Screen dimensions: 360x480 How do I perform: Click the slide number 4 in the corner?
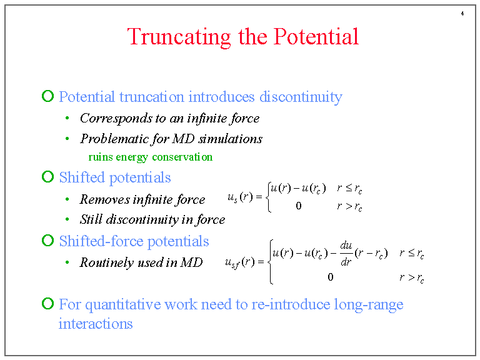click(462, 14)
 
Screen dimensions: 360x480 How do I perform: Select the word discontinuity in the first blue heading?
click(301, 97)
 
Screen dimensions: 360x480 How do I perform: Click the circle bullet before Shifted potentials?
click(47, 177)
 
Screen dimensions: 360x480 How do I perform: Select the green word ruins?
click(101, 157)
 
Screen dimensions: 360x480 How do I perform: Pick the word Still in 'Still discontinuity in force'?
click(91, 219)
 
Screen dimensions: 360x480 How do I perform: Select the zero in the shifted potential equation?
click(298, 206)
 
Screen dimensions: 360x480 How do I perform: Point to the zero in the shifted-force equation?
click(330, 276)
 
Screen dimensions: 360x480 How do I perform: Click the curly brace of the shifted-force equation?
click(269, 262)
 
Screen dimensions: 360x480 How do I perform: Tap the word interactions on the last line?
click(96, 324)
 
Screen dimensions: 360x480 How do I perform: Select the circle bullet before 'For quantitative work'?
click(47, 304)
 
